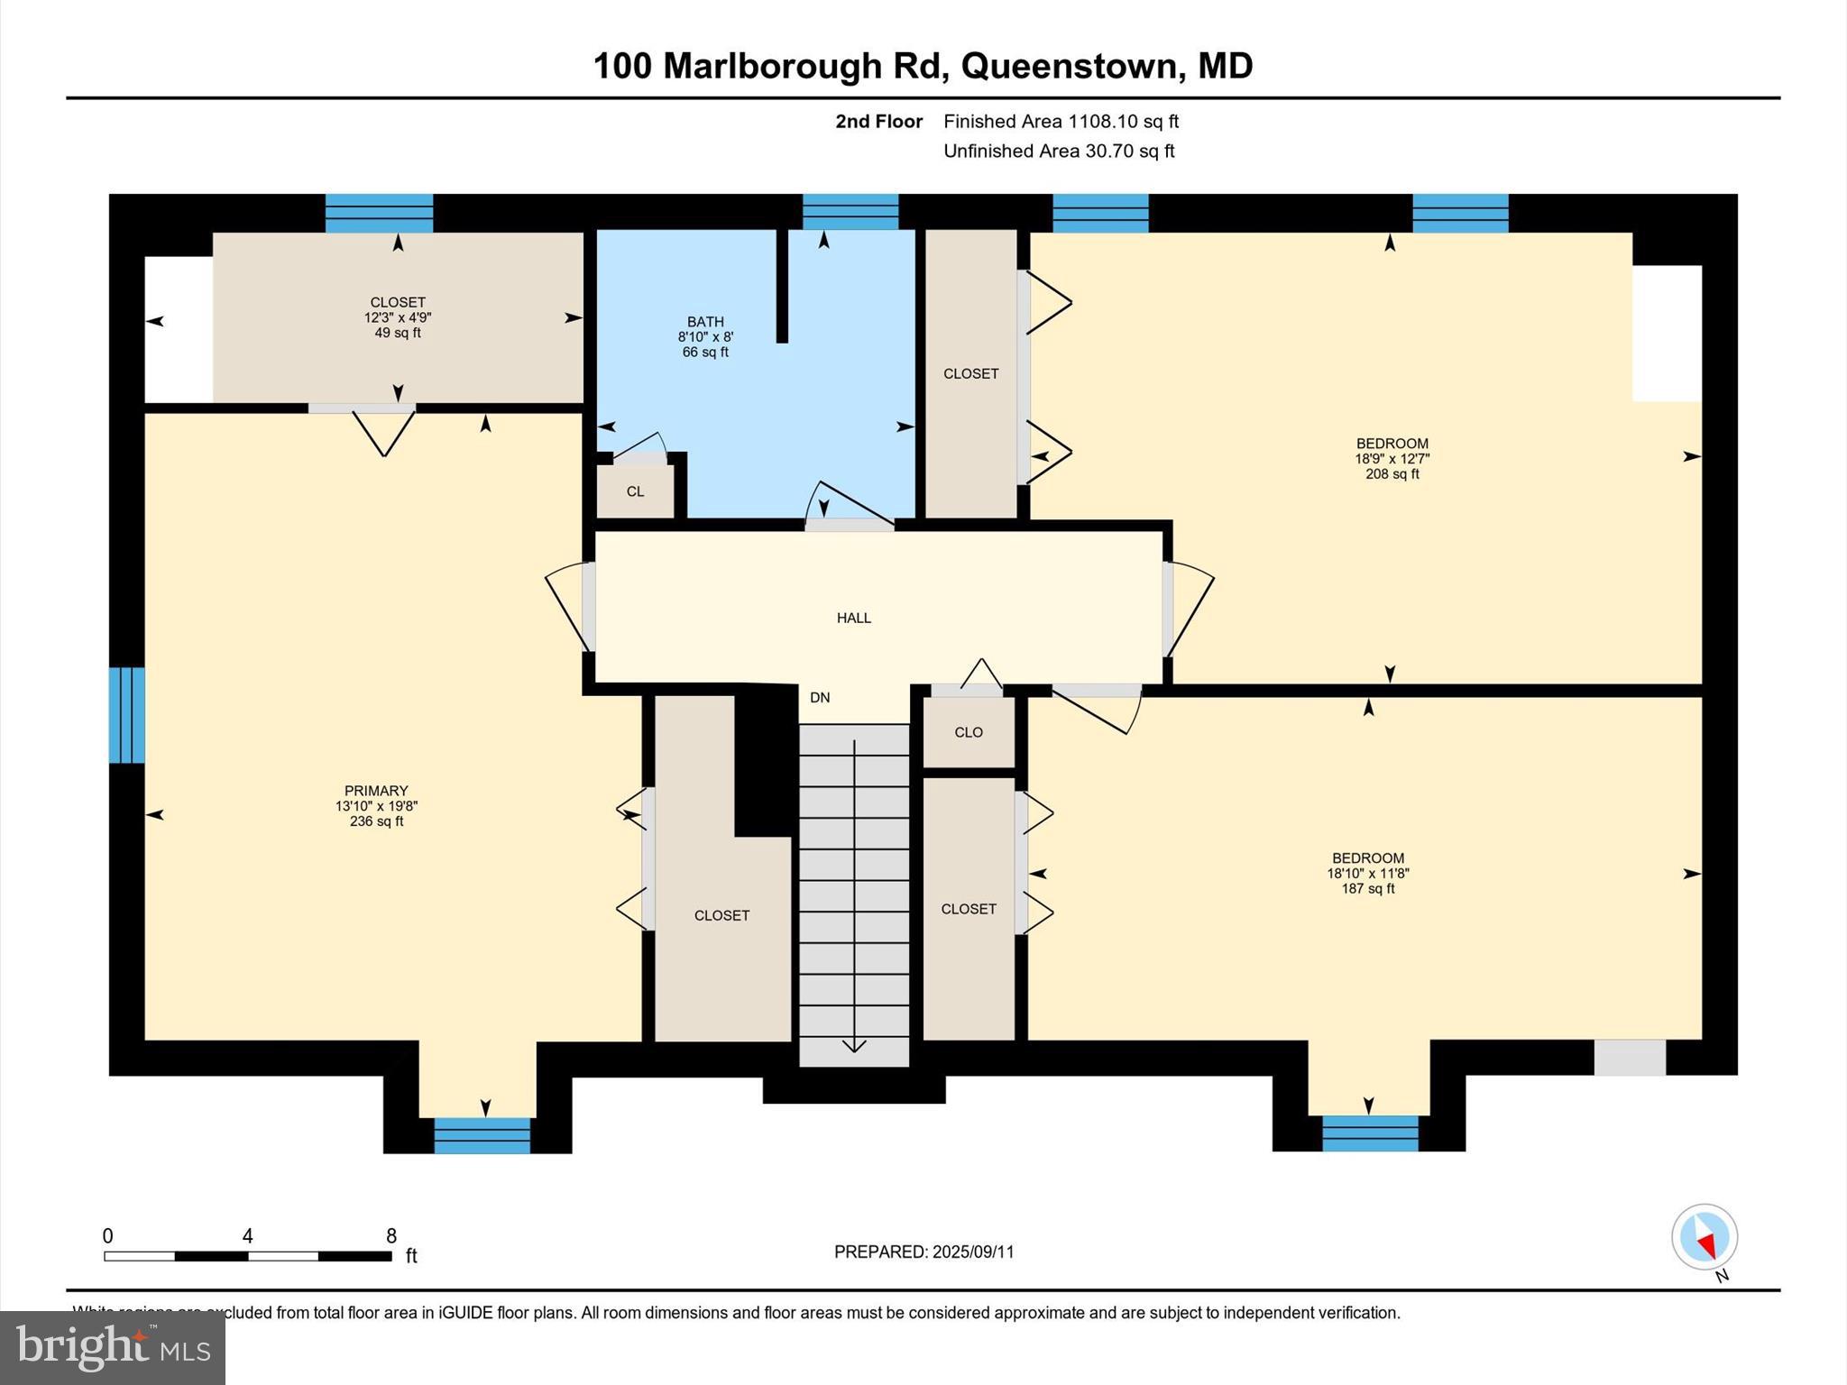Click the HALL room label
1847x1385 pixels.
pyautogui.click(x=853, y=618)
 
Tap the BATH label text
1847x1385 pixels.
pyautogui.click(x=705, y=322)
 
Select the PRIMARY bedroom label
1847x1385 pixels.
pyautogui.click(x=376, y=791)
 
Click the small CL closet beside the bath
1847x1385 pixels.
pyautogui.click(x=635, y=491)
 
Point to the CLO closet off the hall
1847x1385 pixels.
pyautogui.click(x=969, y=732)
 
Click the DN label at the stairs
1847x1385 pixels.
pyautogui.click(x=820, y=697)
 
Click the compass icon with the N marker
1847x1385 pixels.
pyautogui.click(x=1704, y=1237)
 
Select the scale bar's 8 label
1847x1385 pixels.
pyautogui.click(x=391, y=1236)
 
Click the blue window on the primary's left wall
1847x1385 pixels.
pyautogui.click(x=126, y=715)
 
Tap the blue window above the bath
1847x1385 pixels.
pyautogui.click(x=850, y=212)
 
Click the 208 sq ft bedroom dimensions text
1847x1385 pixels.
pyautogui.click(x=1392, y=458)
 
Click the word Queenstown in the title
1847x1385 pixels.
pyautogui.click(x=1070, y=66)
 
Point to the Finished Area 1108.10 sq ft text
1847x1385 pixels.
pyautogui.click(x=1061, y=121)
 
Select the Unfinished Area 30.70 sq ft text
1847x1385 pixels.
pyautogui.click(x=1059, y=151)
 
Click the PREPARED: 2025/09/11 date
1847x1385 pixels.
pyautogui.click(x=923, y=1252)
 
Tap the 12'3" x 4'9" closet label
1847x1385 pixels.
pyautogui.click(x=398, y=317)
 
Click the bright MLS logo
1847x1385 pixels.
pyautogui.click(x=113, y=1347)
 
